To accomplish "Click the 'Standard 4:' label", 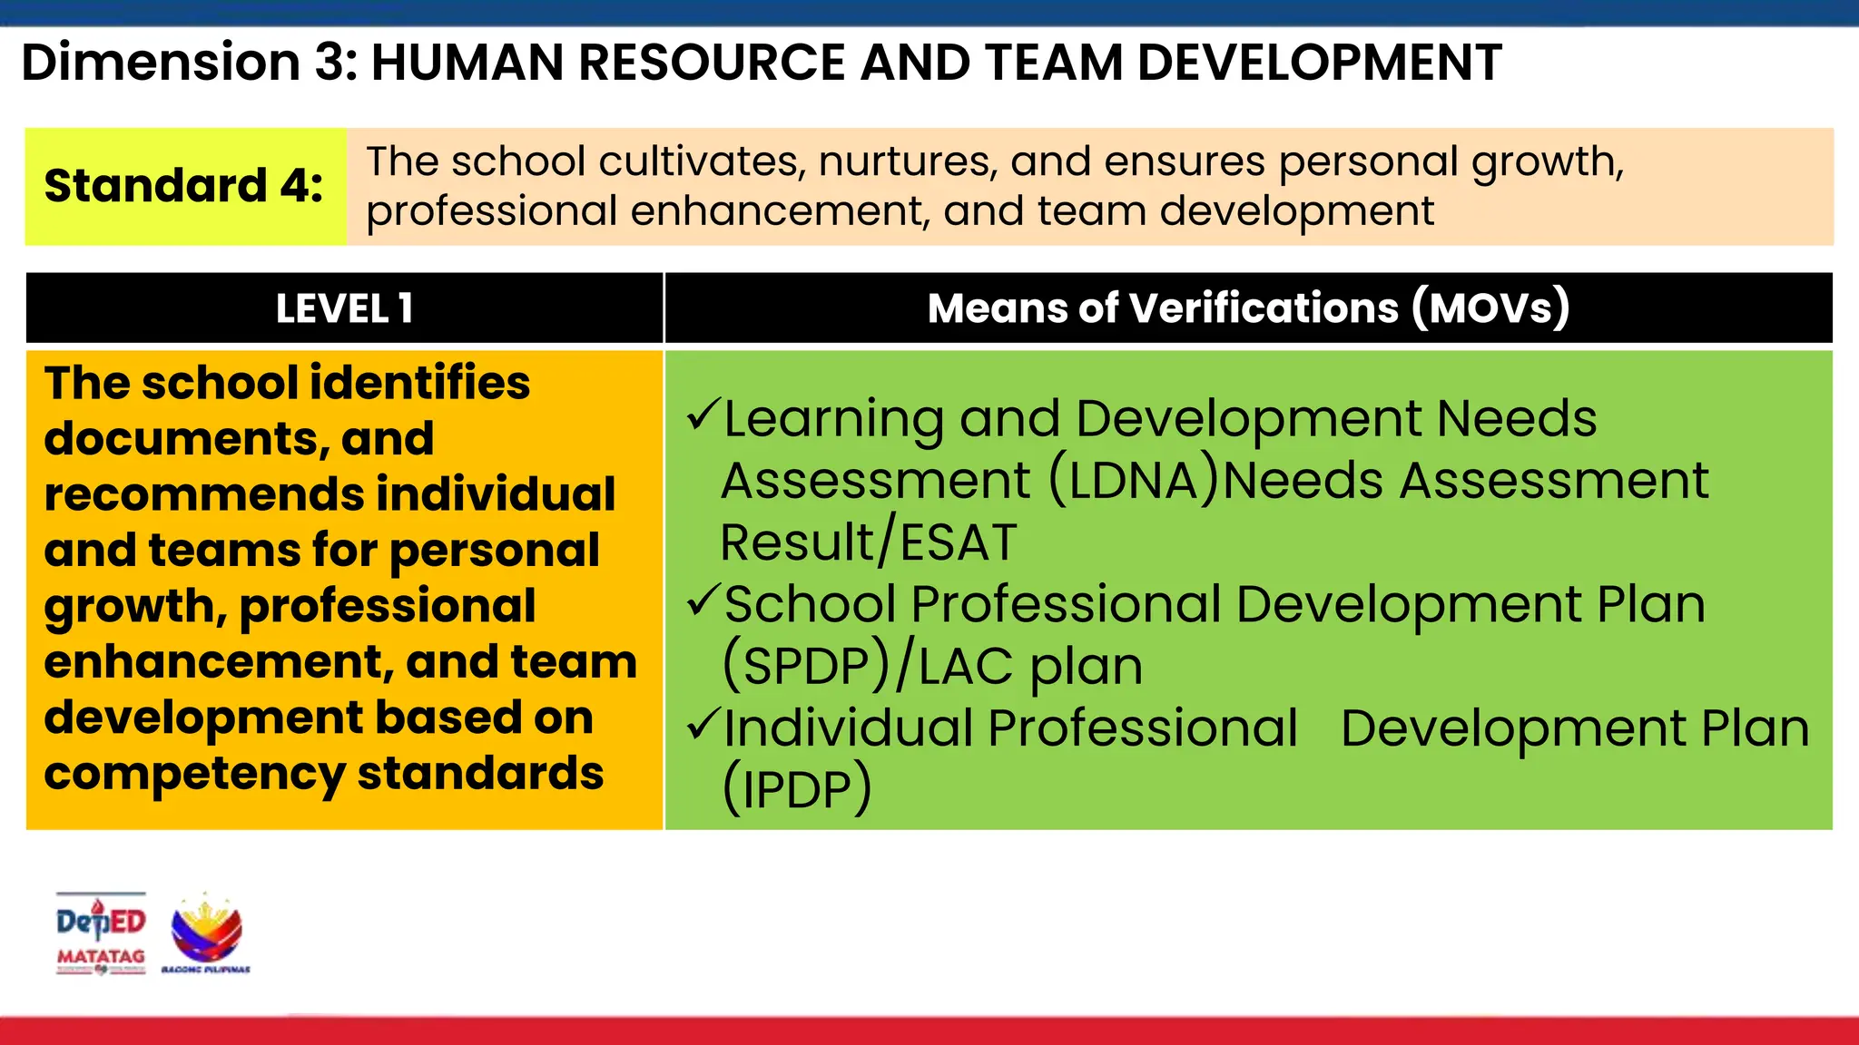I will (184, 186).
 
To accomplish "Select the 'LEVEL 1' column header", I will (344, 308).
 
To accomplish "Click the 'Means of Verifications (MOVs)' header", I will (1248, 308).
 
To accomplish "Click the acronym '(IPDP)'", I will (797, 788).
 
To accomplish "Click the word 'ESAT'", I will (958, 542).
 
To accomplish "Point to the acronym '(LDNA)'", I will (1134, 480).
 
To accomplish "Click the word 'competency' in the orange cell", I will (193, 774).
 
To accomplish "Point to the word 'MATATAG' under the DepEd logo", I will (101, 957).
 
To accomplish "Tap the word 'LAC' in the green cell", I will (965, 667).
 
